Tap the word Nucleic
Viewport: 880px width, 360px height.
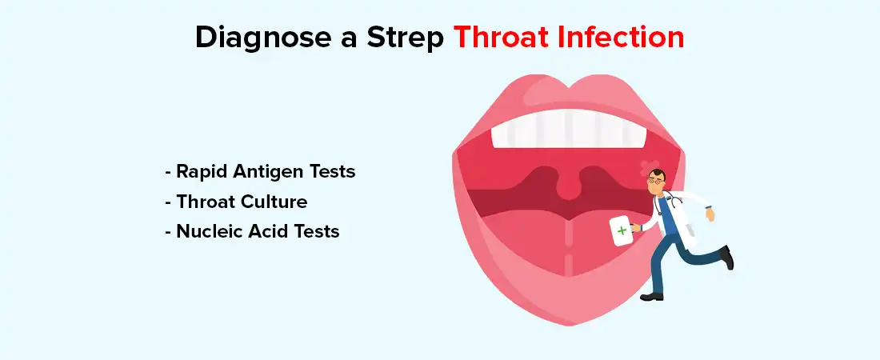[x=212, y=232]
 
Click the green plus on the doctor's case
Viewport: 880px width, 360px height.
[x=622, y=230]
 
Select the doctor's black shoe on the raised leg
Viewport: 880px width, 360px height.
[x=726, y=257]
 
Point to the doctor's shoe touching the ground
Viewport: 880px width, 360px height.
[x=652, y=297]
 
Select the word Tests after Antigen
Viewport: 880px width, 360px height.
[x=331, y=171]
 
